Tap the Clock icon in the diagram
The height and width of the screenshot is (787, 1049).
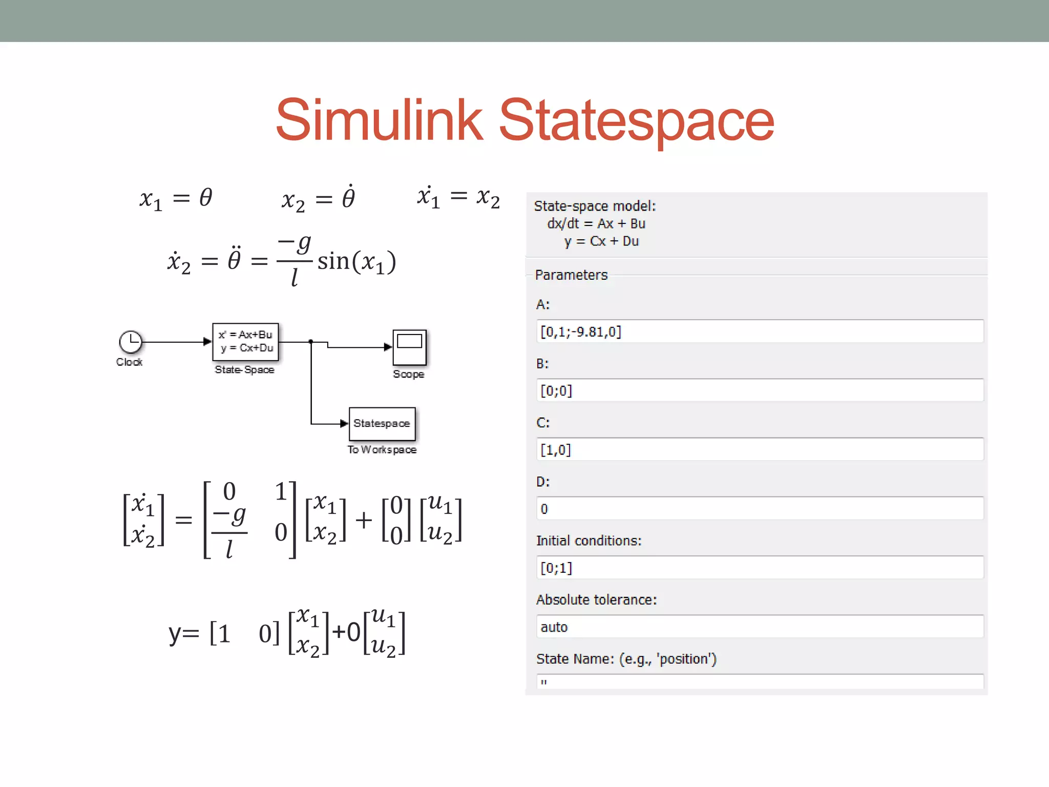point(130,342)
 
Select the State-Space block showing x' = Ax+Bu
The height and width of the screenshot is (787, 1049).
point(245,342)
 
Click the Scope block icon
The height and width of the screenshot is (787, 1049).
point(409,347)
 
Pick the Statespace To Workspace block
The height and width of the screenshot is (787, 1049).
point(382,424)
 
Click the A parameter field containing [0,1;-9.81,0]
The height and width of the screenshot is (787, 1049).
point(760,332)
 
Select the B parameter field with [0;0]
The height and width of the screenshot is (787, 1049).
point(760,391)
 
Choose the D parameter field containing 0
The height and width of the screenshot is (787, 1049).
point(760,509)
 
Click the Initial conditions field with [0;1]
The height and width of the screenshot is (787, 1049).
point(760,568)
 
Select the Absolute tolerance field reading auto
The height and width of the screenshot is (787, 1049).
point(760,627)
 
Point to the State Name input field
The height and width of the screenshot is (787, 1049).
point(760,682)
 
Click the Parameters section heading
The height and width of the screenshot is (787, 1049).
point(571,275)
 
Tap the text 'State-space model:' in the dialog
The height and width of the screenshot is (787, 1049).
point(595,206)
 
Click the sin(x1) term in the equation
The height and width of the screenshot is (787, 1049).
point(356,261)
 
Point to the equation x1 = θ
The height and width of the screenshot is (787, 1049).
point(176,198)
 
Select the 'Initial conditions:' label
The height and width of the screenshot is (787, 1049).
point(589,541)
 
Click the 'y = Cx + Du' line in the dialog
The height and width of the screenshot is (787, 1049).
point(601,241)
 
